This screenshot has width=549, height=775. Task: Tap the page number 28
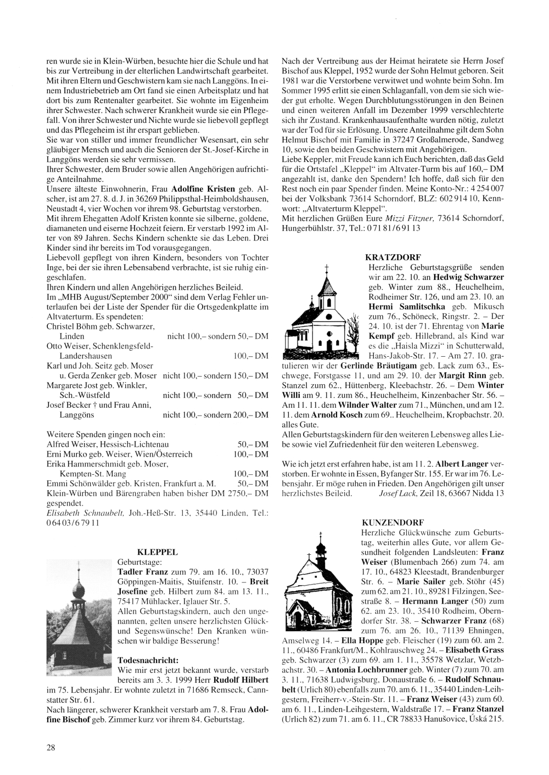tap(51, 746)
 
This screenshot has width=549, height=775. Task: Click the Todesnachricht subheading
tap(148, 660)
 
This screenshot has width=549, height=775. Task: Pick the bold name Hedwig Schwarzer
tap(473, 277)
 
